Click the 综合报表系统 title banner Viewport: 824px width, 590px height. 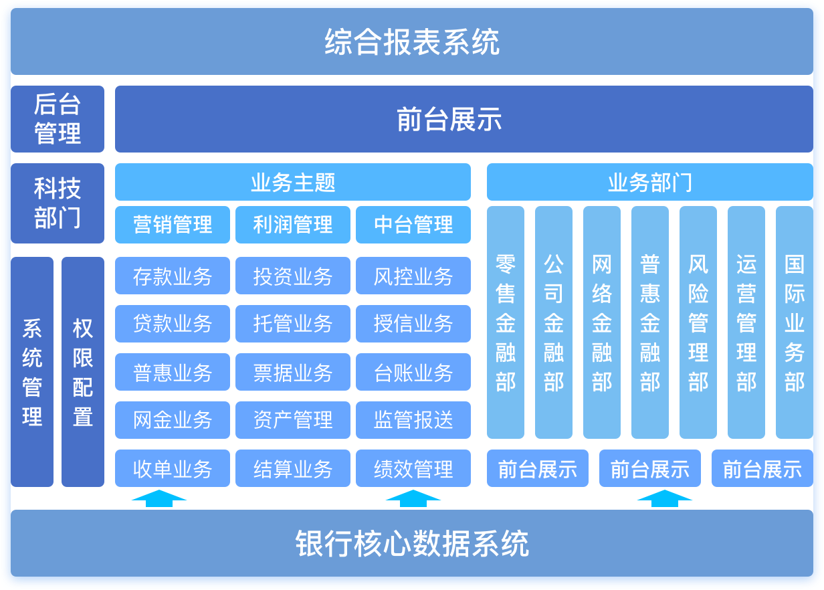click(x=412, y=41)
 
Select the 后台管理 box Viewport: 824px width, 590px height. click(x=58, y=119)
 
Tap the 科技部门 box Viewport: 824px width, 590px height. click(x=58, y=203)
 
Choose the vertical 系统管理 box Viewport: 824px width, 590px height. click(x=32, y=372)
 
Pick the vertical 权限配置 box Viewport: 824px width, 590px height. click(x=83, y=372)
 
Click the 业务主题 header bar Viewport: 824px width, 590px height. click(x=293, y=182)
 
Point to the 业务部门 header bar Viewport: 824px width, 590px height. click(x=649, y=182)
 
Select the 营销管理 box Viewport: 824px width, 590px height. click(x=173, y=225)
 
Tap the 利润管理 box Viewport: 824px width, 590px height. click(x=293, y=225)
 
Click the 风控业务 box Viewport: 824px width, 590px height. click(x=413, y=276)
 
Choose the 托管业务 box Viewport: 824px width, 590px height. click(x=293, y=324)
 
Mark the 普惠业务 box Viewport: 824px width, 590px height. click(x=173, y=372)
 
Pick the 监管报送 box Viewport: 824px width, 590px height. click(x=413, y=420)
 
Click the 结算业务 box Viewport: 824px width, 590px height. click(x=293, y=468)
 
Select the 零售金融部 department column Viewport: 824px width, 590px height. click(x=506, y=322)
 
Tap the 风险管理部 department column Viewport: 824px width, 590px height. click(x=698, y=322)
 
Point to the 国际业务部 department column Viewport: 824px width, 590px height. click(x=795, y=322)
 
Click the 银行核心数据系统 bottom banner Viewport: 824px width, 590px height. click(x=412, y=543)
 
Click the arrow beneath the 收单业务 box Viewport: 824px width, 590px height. click(x=159, y=496)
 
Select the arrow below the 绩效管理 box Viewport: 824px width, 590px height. click(x=413, y=496)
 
